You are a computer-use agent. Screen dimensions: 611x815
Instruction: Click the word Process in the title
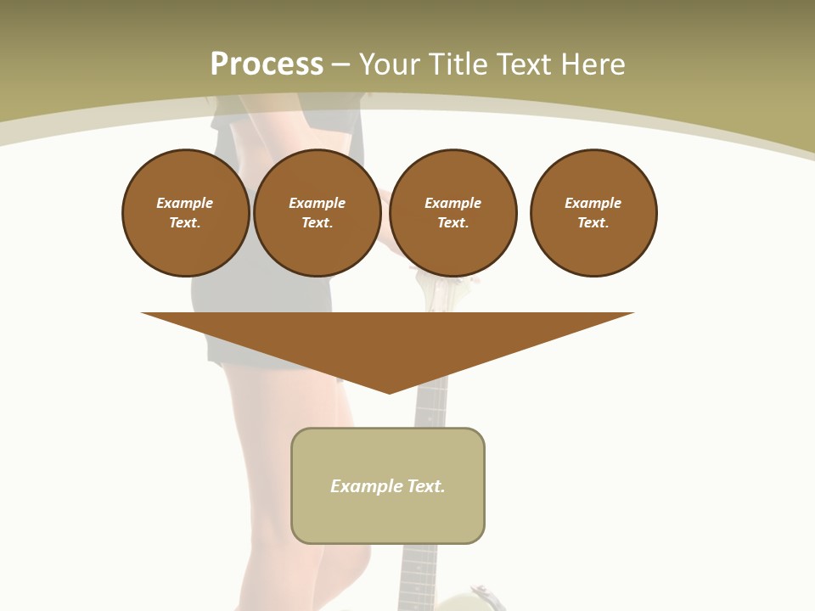(267, 64)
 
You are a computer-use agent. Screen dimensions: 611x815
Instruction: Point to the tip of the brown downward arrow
(389, 392)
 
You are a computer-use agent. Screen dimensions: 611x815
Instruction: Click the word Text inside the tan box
(426, 486)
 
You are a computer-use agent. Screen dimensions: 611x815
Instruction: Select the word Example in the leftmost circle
(185, 203)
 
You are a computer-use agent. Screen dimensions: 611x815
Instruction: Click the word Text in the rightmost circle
(593, 222)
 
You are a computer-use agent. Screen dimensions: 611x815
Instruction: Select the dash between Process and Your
(341, 64)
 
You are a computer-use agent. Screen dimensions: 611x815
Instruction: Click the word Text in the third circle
(452, 222)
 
